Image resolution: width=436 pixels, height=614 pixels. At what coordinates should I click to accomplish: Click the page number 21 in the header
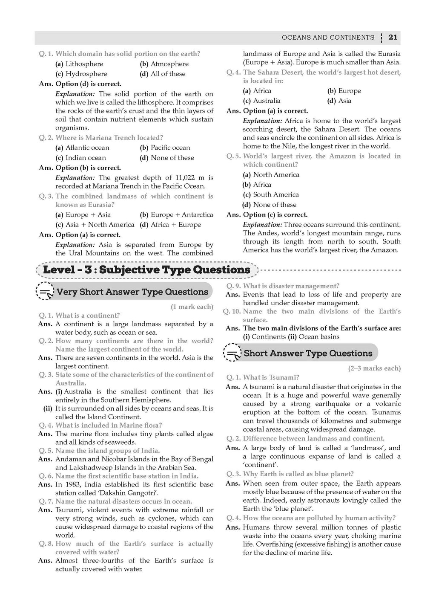(393, 38)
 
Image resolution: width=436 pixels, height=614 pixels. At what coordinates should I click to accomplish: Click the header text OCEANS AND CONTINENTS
(328, 38)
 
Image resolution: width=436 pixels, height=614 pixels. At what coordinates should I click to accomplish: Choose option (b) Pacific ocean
(165, 148)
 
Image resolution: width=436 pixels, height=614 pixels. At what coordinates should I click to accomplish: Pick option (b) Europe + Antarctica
(176, 215)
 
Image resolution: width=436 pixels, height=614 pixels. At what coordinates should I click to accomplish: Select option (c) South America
(271, 195)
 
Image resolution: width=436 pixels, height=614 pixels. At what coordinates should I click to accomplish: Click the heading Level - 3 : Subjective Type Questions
(147, 270)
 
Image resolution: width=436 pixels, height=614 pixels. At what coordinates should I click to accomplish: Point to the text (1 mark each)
(192, 307)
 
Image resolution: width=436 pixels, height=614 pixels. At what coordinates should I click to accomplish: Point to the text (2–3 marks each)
(374, 368)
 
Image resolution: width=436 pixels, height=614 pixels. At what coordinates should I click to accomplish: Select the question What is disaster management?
(291, 286)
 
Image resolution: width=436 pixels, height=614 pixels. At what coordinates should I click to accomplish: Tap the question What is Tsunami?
(271, 378)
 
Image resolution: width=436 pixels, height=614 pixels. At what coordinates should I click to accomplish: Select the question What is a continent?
(88, 316)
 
